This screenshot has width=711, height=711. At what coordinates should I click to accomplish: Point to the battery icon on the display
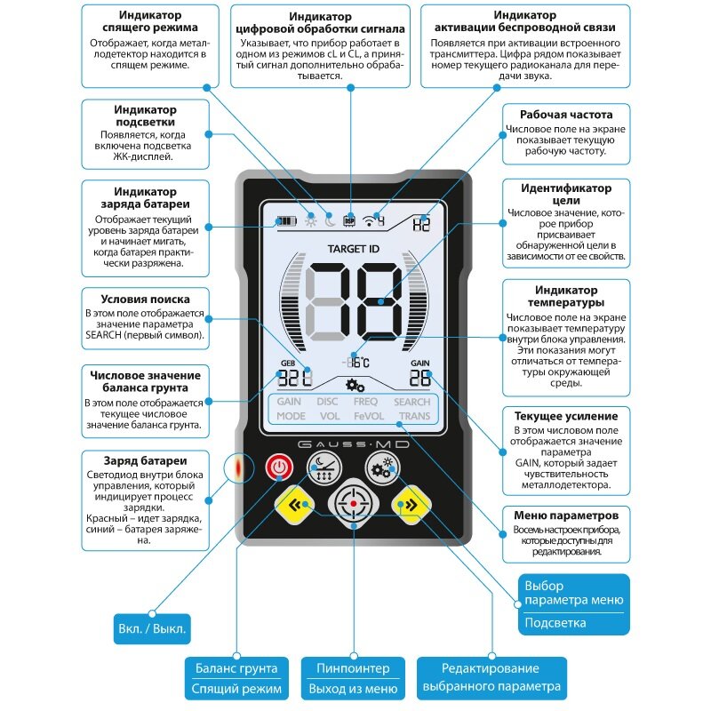click(287, 220)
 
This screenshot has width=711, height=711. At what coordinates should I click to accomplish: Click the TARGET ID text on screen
click(353, 248)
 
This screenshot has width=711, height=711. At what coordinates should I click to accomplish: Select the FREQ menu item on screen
click(365, 402)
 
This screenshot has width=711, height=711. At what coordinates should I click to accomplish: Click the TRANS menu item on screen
click(413, 416)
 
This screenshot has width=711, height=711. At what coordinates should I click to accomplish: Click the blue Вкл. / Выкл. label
click(153, 628)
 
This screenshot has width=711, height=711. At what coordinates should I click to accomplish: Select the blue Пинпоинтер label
click(353, 668)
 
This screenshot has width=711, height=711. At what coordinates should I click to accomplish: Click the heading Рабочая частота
click(566, 115)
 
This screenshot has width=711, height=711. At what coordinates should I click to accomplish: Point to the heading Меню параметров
click(566, 515)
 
